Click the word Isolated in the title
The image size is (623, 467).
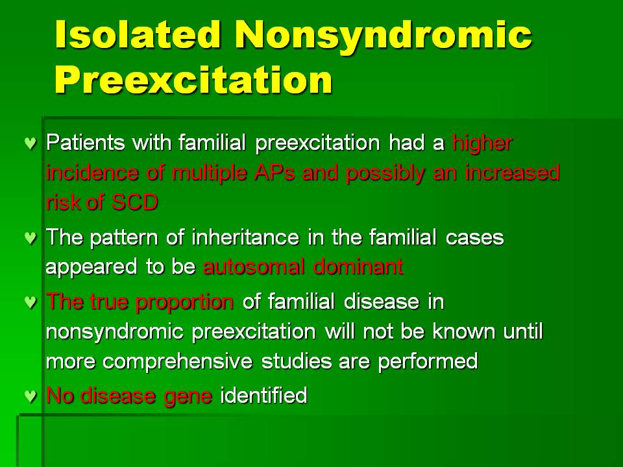[x=138, y=34]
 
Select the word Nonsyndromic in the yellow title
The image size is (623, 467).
[x=384, y=36]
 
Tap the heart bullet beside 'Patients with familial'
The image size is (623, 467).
[x=31, y=143]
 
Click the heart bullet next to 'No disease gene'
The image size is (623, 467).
[x=31, y=396]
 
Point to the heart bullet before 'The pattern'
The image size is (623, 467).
[x=31, y=237]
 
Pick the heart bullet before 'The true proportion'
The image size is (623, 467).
[x=31, y=302]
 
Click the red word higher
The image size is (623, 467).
[x=482, y=143]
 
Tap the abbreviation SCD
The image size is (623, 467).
[x=135, y=202]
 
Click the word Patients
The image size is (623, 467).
[x=86, y=142]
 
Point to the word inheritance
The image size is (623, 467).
[x=245, y=237]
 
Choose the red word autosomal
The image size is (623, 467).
[x=254, y=267]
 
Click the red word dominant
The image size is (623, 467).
[x=358, y=267]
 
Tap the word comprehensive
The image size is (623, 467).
[x=177, y=362]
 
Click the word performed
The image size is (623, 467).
[x=428, y=362]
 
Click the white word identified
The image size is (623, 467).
[x=263, y=396]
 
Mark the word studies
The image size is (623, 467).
[x=296, y=361]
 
